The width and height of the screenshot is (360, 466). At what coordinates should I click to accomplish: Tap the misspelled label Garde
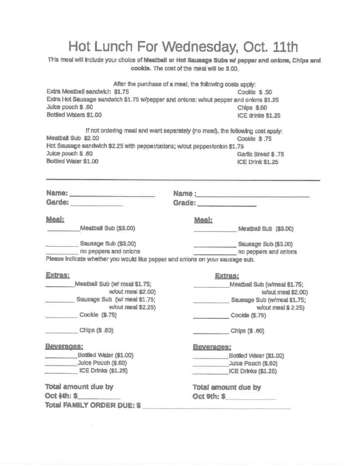point(57,202)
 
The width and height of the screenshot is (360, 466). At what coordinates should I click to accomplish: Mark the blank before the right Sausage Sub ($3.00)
point(214,246)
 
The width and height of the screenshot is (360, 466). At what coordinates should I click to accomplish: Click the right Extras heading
point(227,276)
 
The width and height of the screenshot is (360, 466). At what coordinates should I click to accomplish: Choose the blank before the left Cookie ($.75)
point(61,317)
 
